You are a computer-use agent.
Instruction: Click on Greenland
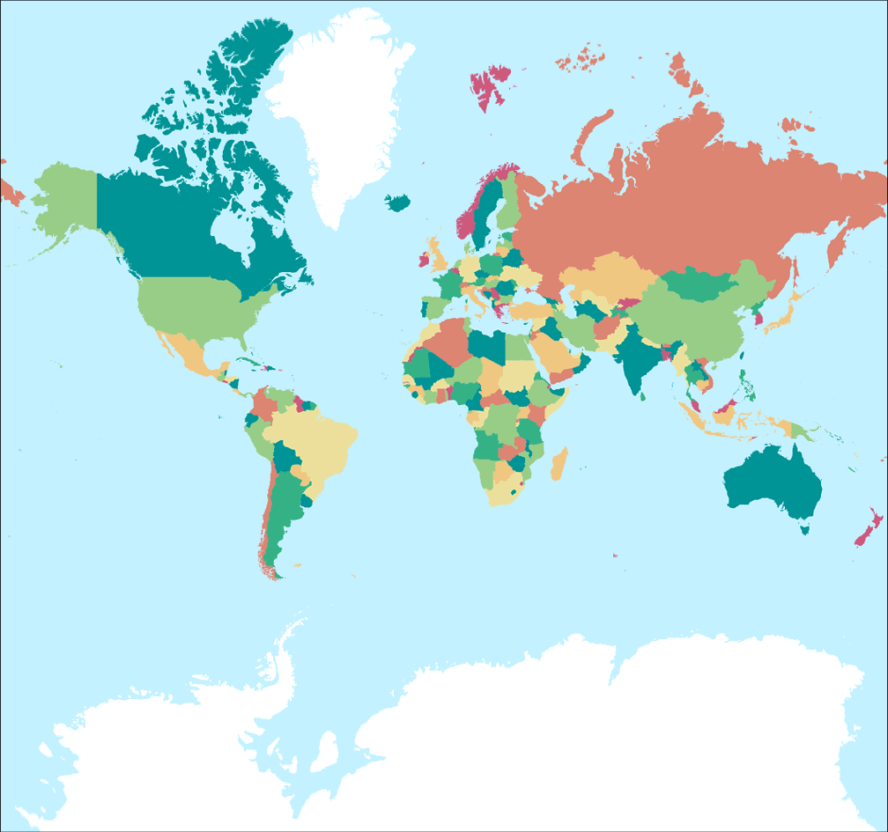pos(344,114)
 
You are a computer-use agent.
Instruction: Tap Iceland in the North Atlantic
pos(397,202)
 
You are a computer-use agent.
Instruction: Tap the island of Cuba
pos(247,362)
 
